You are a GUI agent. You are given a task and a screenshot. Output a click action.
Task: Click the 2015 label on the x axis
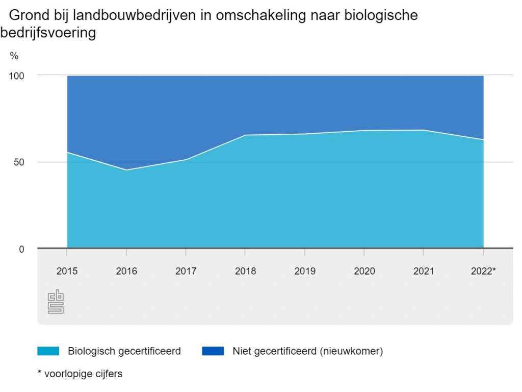67,271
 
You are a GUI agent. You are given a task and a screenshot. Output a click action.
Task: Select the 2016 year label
126,271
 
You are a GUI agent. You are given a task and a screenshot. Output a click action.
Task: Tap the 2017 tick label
186,271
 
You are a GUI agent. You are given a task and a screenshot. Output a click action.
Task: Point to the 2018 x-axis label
245,271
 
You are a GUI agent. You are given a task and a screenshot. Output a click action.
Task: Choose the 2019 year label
305,271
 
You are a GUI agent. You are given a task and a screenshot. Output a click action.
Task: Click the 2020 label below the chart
364,271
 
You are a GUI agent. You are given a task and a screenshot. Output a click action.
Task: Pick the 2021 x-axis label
424,271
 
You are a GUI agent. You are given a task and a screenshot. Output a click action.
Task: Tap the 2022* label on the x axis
483,271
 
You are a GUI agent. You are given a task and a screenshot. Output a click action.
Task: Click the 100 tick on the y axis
17,76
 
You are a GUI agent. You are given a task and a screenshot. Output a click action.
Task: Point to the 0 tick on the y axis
21,249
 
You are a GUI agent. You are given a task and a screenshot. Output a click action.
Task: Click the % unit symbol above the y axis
14,56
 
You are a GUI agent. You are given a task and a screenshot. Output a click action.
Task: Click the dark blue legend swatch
213,351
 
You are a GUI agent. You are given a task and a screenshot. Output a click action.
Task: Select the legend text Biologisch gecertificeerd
124,351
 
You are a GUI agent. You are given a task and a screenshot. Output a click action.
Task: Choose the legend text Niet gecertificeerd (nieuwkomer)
307,351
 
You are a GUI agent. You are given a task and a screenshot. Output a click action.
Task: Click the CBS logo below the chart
56,303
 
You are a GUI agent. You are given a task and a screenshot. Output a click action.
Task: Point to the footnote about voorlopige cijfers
80,374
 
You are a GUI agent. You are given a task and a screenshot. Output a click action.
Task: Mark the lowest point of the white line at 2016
126,170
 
